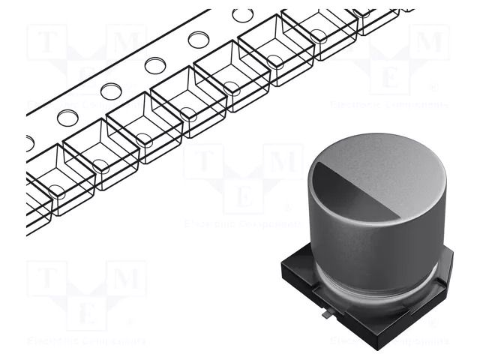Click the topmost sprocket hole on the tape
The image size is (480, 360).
pos(242,15)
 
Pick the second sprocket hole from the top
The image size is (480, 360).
pos(199,40)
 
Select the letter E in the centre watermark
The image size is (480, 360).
pos(243,196)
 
